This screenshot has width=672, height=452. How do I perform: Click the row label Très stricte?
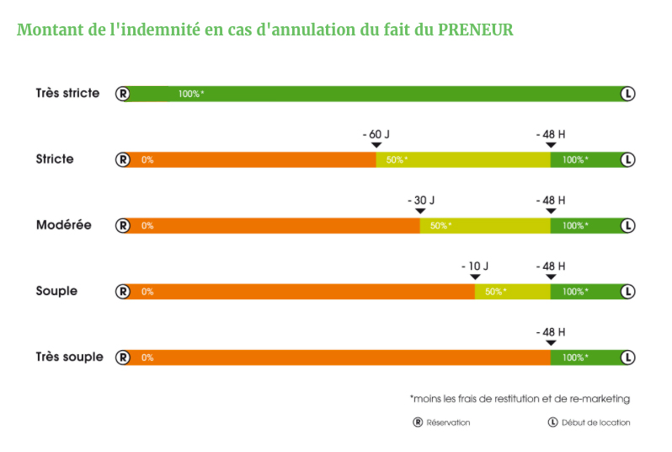point(67,93)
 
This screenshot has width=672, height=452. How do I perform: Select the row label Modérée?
point(63,225)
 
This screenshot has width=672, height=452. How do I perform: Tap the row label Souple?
point(56,291)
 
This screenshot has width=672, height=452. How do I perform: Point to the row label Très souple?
point(69,357)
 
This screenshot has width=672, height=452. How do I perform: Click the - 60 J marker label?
point(376,134)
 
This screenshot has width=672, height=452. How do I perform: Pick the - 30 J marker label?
point(420,200)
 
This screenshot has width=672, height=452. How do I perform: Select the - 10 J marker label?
point(475,266)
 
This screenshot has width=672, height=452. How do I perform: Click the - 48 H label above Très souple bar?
point(551,331)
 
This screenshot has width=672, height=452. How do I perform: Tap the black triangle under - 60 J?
point(376,146)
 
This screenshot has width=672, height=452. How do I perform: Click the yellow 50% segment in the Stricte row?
point(463,159)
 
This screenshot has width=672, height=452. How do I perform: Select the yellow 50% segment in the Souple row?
point(512,291)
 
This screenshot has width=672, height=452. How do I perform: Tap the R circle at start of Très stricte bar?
point(123,94)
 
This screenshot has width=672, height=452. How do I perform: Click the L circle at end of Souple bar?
point(627,291)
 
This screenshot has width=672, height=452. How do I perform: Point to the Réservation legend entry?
point(442,422)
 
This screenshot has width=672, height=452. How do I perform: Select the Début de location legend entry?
point(589,422)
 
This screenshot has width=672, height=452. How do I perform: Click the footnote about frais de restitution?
point(520,398)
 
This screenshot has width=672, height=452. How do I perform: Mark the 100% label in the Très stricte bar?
point(190,94)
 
